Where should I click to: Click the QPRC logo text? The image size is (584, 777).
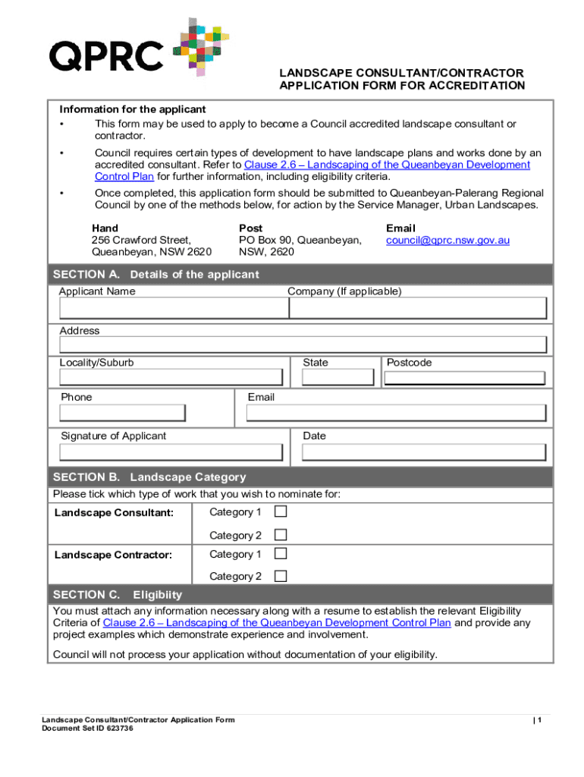click(x=105, y=55)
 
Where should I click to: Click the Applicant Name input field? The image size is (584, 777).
click(x=173, y=308)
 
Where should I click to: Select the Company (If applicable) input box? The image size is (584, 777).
click(x=417, y=308)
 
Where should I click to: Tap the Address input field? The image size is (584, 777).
click(x=303, y=345)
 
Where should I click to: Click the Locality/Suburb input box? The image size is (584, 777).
click(x=173, y=378)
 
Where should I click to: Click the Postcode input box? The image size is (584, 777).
click(x=464, y=378)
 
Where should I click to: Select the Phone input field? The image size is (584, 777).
click(x=122, y=413)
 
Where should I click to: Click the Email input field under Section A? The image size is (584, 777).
click(x=395, y=413)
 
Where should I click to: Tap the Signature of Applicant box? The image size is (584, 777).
click(x=173, y=452)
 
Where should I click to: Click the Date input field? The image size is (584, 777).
click(x=423, y=452)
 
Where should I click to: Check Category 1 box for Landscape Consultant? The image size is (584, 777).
click(x=281, y=512)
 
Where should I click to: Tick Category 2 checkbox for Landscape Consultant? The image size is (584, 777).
click(x=281, y=535)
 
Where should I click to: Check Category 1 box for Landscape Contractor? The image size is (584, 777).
click(x=281, y=554)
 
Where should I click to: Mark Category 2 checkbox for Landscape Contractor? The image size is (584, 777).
click(x=281, y=576)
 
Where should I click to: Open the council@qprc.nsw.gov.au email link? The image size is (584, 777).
click(x=447, y=241)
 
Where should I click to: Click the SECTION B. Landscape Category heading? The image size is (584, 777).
click(x=149, y=477)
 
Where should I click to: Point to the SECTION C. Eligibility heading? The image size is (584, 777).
click(x=117, y=594)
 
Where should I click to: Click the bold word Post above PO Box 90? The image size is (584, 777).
click(x=250, y=228)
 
